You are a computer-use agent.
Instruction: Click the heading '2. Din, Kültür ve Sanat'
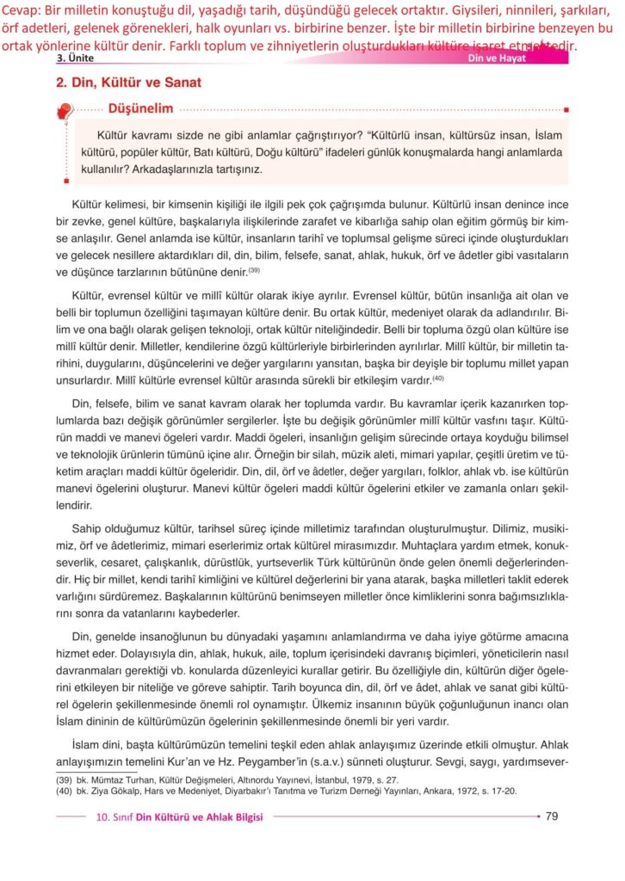(128, 83)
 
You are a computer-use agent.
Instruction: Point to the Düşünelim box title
(140, 108)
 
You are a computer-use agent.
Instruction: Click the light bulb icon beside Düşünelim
(64, 112)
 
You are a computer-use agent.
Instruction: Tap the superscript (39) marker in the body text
(254, 270)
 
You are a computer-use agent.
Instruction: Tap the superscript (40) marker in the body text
(437, 379)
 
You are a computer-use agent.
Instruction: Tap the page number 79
(553, 816)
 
